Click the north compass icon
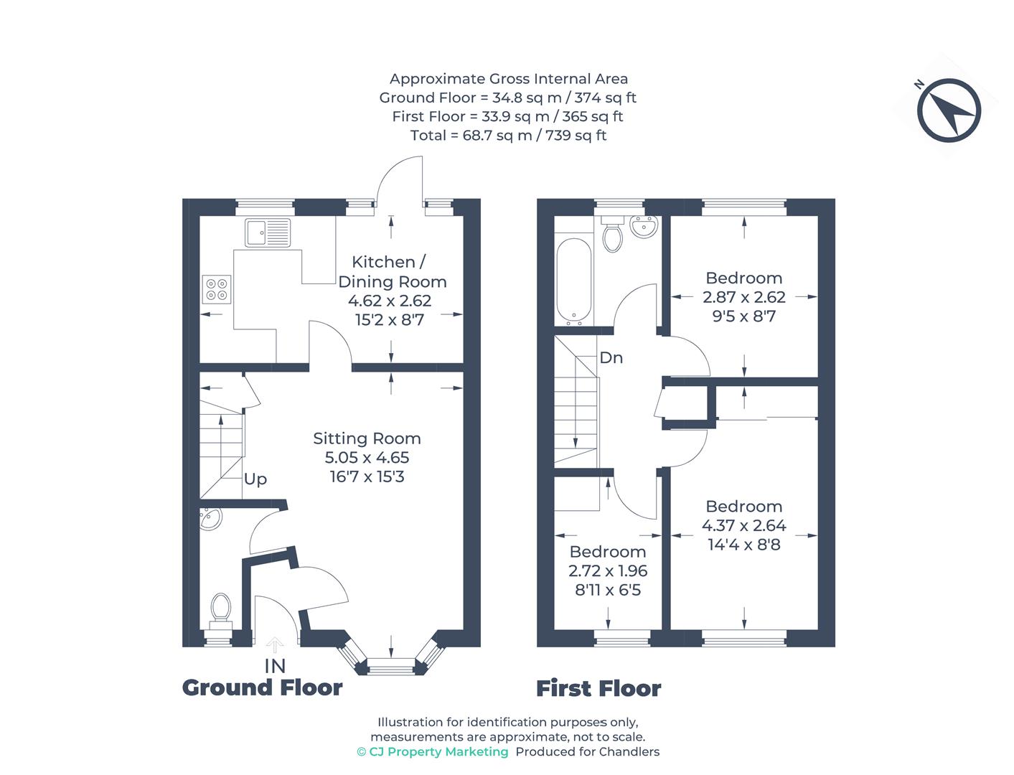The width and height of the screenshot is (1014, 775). click(x=948, y=111)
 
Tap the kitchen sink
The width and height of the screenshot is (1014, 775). click(x=268, y=232)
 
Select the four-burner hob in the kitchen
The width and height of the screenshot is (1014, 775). click(x=217, y=288)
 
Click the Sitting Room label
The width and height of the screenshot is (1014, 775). click(x=367, y=438)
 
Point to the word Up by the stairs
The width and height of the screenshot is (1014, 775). click(x=255, y=479)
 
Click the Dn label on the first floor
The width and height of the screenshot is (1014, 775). click(x=611, y=357)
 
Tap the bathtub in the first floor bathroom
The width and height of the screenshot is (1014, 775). click(x=573, y=281)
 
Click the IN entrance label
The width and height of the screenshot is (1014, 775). click(x=275, y=666)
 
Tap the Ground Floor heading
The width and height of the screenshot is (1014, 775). click(x=262, y=687)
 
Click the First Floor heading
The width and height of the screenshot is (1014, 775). click(x=598, y=689)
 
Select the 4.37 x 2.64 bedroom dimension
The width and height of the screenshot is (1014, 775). click(x=743, y=525)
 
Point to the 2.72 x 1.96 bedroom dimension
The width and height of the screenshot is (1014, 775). click(x=608, y=571)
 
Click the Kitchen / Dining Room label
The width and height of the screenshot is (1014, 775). click(x=392, y=272)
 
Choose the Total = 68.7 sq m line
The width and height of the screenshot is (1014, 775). click(x=508, y=135)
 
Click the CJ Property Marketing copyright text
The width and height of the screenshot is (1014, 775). click(x=432, y=751)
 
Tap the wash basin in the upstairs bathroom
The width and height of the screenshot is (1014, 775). click(x=644, y=227)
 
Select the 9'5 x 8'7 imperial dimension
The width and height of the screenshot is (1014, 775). click(x=743, y=316)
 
